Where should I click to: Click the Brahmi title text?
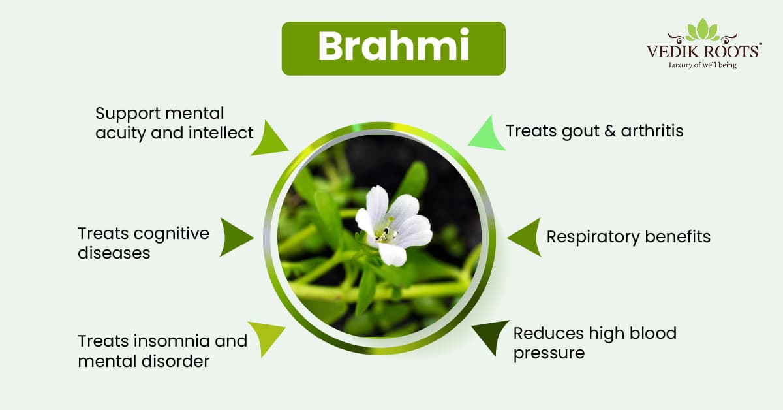tap(393, 46)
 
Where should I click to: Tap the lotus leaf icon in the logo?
tap(703, 30)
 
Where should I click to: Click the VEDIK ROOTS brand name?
tap(703, 52)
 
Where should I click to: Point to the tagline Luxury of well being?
tap(703, 65)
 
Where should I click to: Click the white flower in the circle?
tap(394, 226)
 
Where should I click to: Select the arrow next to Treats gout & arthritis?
tap(487, 134)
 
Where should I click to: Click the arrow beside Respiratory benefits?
tap(525, 237)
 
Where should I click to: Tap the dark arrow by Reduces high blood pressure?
tap(491, 336)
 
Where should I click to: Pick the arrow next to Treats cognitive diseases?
tap(236, 237)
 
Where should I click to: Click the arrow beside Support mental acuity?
tap(269, 139)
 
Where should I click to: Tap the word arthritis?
tap(652, 131)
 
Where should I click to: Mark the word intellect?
tap(221, 133)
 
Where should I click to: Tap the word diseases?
tap(114, 253)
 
